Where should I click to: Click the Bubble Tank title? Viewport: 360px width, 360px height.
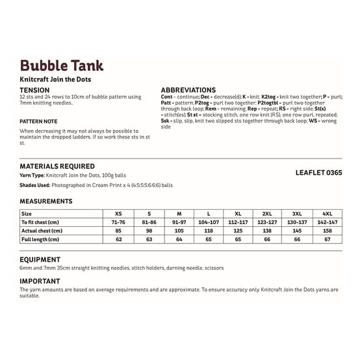62,66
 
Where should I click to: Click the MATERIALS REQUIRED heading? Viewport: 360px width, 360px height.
57,166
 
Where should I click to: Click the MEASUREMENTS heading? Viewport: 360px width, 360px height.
46,201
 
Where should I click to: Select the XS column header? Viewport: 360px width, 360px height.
118,213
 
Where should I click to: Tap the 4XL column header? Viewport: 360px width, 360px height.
326,213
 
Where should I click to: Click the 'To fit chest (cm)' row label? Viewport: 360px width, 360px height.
42,222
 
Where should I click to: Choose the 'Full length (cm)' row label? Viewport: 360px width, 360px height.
42,240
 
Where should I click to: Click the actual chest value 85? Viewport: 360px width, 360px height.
118,231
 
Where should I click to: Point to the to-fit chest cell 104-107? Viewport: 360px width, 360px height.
208,222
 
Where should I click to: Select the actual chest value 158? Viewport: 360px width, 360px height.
326,231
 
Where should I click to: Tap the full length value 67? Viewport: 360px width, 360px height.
326,240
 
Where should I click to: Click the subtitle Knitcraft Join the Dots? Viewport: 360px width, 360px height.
55,79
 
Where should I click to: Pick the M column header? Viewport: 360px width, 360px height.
179,213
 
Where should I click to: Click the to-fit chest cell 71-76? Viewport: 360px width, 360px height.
118,222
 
